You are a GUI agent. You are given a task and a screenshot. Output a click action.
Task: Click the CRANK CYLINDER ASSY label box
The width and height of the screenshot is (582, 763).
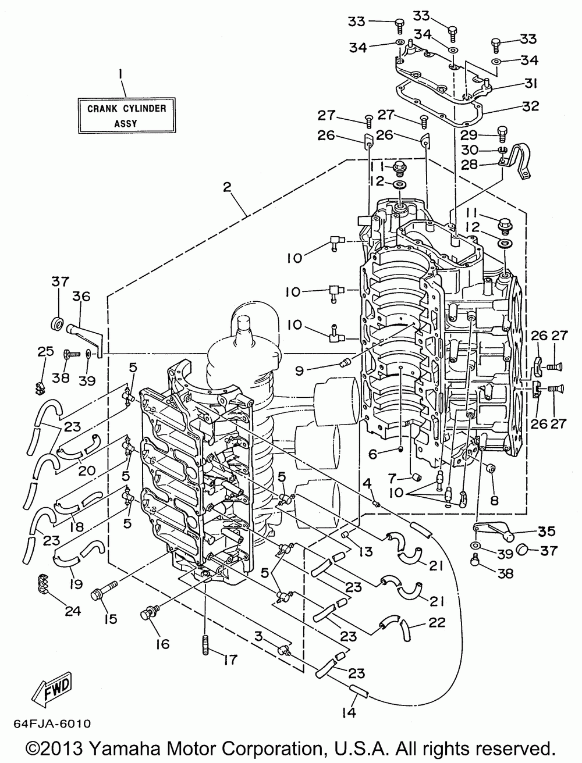click(x=126, y=115)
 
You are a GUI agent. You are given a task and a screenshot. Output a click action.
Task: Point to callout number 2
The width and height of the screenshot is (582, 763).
click(x=227, y=187)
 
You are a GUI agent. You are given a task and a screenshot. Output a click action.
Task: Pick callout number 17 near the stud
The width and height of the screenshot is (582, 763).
click(x=231, y=660)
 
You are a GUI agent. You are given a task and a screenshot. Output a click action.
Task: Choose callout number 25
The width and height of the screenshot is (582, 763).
click(x=45, y=352)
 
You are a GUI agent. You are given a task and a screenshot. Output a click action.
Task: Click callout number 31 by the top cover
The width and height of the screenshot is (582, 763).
click(x=529, y=84)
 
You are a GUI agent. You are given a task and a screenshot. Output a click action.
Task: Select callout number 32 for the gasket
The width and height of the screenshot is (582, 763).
click(x=530, y=106)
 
